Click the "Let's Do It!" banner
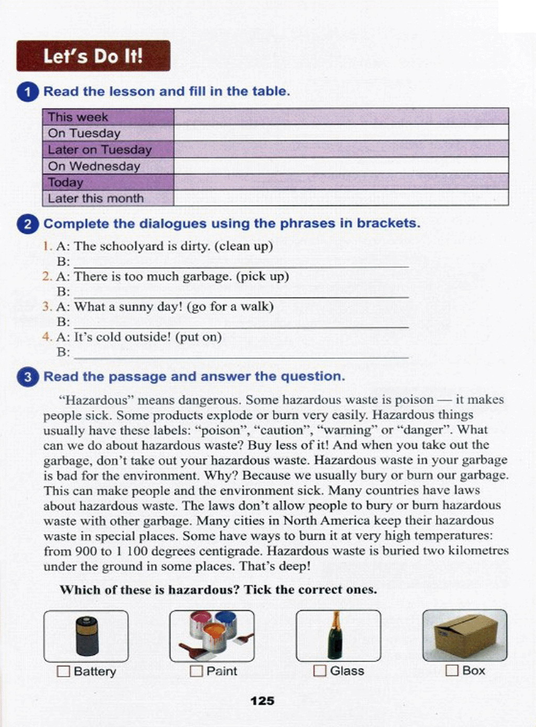click(x=93, y=56)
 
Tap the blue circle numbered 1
click(x=27, y=92)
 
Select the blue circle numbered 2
click(x=27, y=224)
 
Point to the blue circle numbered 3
click(x=27, y=377)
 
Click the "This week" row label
click(x=78, y=117)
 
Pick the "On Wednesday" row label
click(x=94, y=166)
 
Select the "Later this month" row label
click(x=96, y=199)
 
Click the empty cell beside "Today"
click(x=340, y=182)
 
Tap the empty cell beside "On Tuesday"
click(x=340, y=133)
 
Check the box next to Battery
click(x=63, y=671)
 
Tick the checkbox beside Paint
click(x=196, y=671)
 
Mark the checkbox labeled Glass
click(x=319, y=671)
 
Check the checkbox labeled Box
click(x=451, y=671)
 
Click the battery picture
click(x=86, y=635)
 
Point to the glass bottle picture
click(x=335, y=635)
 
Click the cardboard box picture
click(x=465, y=634)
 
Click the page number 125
click(x=262, y=701)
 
